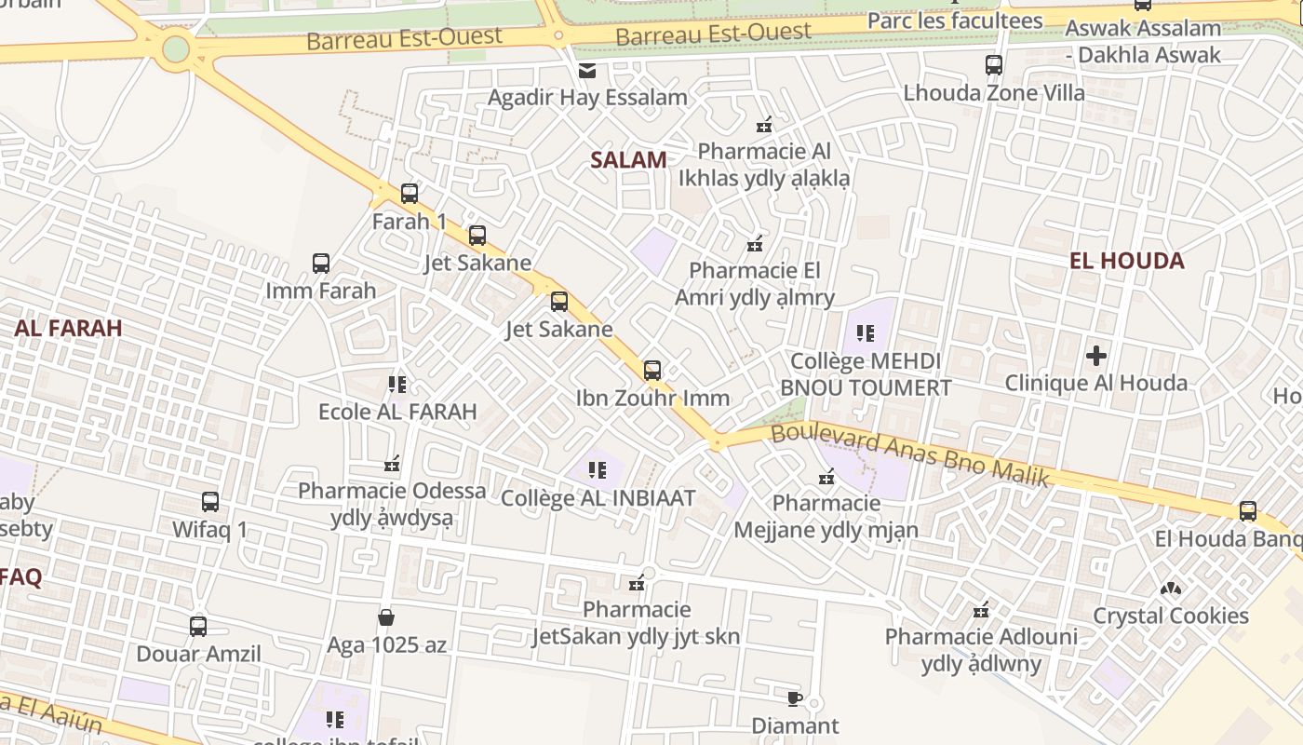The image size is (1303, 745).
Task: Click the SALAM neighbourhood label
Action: pos(628,160)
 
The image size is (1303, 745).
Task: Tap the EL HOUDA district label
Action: pos(1126,261)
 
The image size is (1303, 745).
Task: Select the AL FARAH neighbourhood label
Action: pos(68,328)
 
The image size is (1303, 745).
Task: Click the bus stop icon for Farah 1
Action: pos(410,194)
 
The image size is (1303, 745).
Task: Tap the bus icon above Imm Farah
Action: pos(321,264)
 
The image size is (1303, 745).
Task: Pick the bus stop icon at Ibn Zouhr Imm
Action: pos(652,370)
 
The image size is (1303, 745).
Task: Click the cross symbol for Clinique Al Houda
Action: pos(1096,355)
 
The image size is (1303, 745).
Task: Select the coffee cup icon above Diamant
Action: pos(794,698)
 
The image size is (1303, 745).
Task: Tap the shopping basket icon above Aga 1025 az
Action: pos(386,617)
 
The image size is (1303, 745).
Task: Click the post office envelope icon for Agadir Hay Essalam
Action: pos(587,71)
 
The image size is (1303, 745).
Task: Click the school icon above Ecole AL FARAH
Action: pos(397,384)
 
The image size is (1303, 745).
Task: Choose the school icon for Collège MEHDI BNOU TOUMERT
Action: pos(866,332)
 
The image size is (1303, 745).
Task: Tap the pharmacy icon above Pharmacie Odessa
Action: pos(392,464)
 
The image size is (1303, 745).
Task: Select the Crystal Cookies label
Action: pos(1170,616)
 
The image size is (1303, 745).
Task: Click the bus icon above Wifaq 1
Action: pos(210,502)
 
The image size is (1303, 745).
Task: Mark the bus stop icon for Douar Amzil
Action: pos(198,627)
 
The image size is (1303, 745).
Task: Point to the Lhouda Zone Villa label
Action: pos(994,93)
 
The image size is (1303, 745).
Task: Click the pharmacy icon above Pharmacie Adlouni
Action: pos(980,611)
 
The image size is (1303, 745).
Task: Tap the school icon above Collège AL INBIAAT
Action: pos(597,470)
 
